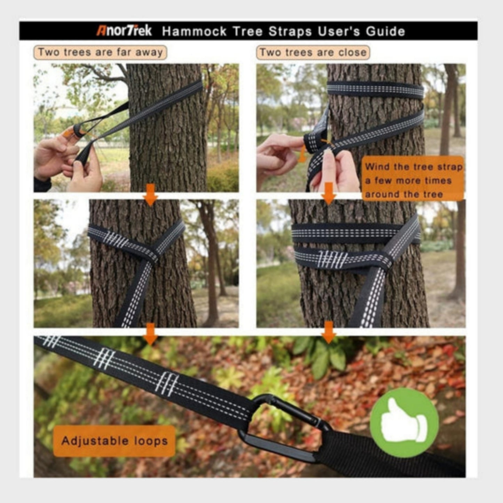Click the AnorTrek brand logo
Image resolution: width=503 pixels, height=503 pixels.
(x=124, y=31)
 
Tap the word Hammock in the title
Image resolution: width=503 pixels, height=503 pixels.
(x=194, y=31)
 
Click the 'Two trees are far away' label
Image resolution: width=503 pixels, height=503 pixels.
(x=100, y=52)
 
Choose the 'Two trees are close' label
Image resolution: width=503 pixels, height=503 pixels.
(x=313, y=53)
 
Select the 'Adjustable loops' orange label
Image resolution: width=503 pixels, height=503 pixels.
(x=114, y=441)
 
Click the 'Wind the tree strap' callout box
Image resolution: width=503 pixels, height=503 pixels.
(x=413, y=179)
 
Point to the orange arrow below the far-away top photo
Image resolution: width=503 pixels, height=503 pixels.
(x=151, y=195)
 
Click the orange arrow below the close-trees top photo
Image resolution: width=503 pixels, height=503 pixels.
(x=329, y=194)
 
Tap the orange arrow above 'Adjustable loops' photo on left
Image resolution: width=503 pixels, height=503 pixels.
(x=151, y=334)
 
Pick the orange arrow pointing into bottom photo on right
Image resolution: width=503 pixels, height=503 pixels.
(x=329, y=333)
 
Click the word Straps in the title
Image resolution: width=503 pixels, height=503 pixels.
(x=290, y=32)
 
